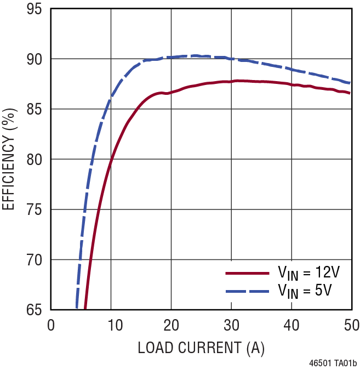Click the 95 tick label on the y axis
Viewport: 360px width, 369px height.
36,9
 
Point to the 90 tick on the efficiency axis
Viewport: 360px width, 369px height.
36,59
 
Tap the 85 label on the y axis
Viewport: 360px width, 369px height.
36,109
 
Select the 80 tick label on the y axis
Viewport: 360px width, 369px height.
36,159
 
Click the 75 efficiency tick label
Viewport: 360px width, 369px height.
36,209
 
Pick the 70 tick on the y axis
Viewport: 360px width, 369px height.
36,259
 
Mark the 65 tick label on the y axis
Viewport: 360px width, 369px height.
36,310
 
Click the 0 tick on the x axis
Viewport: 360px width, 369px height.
51,325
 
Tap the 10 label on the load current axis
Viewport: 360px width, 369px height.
111,325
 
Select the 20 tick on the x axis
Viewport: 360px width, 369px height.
171,325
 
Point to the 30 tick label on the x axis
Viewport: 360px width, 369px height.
231,325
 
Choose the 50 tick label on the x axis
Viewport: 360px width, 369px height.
351,325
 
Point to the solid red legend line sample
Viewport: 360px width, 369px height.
247,273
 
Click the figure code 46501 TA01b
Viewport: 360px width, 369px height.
333,363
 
